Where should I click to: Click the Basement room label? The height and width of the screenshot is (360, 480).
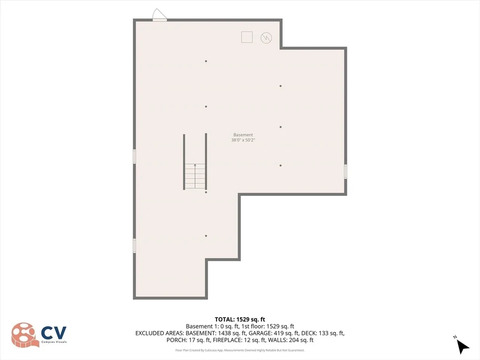243,135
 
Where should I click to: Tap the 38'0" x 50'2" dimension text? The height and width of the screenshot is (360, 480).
243,140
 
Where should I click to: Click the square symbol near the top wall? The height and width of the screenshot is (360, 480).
247,37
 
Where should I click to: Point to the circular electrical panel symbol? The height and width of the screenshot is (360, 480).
266,38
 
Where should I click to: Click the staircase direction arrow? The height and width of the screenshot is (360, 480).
195,176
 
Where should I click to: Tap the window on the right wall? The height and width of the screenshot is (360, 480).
345,172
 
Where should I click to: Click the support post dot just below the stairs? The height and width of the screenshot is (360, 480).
206,192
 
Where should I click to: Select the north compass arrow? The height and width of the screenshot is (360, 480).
462,345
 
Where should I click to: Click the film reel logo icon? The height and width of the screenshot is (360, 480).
24,335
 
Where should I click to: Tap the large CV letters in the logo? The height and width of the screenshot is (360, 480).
53,333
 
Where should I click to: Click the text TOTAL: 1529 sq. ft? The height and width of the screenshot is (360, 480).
240,320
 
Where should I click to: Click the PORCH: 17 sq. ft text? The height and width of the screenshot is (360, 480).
188,340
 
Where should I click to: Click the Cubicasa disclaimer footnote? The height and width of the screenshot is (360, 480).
240,350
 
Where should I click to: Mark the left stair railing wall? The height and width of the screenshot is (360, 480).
184,162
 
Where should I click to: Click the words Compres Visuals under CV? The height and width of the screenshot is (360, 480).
54,342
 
